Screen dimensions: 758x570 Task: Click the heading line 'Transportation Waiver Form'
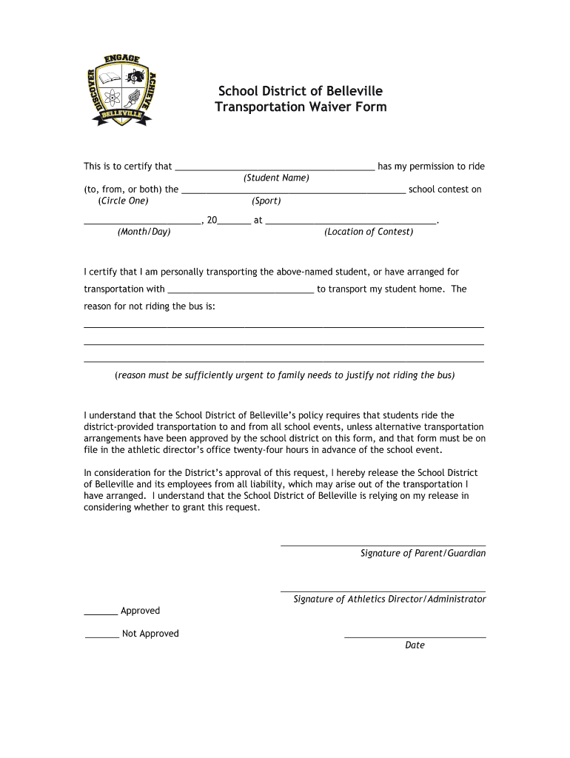click(300, 107)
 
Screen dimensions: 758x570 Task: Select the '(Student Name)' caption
click(276, 178)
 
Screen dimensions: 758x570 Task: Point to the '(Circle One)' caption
click(123, 201)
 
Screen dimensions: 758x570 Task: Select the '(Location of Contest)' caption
click(369, 232)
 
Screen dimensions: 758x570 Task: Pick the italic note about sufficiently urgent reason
click(284, 375)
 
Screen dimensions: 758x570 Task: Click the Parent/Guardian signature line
click(383, 545)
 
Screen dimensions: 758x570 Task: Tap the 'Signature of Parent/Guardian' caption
click(423, 554)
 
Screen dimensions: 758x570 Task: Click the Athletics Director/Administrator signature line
click(383, 591)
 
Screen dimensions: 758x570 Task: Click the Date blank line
click(415, 637)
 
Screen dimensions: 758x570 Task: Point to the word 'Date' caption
click(415, 645)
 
